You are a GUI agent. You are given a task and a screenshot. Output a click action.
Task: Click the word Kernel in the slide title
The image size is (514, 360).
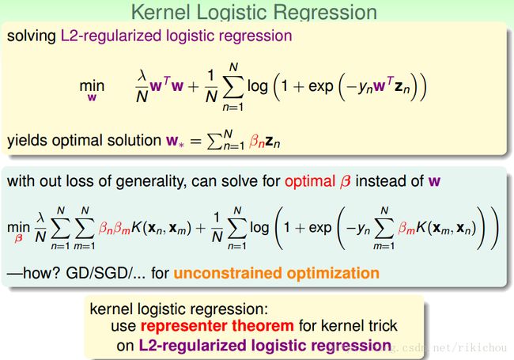(161, 13)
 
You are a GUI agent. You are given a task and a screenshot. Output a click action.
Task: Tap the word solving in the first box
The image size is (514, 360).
(32, 36)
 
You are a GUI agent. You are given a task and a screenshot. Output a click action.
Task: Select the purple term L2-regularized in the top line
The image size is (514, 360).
(111, 36)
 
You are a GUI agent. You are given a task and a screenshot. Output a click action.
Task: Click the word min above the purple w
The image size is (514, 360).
(92, 86)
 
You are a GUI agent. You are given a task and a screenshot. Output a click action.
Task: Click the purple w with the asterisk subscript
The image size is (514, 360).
(175, 142)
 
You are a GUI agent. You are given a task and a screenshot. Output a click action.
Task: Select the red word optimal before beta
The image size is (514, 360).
(310, 182)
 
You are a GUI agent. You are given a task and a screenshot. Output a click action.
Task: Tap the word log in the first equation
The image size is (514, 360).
(258, 87)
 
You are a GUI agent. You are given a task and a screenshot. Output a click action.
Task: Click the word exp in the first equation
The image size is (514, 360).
(320, 87)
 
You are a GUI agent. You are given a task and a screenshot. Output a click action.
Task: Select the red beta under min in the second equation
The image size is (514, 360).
(18, 237)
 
